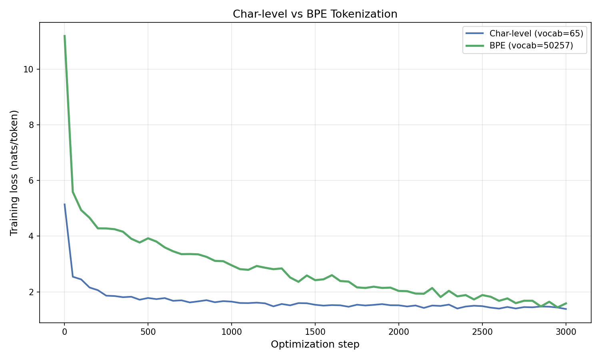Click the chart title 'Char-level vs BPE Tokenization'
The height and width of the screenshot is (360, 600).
pyautogui.click(x=315, y=14)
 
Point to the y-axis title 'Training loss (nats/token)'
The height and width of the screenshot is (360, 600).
pyautogui.click(x=14, y=172)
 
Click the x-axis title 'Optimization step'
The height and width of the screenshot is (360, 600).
pyautogui.click(x=315, y=344)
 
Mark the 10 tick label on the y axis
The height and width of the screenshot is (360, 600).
pyautogui.click(x=29, y=69)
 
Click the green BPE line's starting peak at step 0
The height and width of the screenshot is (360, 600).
pyautogui.click(x=64, y=36)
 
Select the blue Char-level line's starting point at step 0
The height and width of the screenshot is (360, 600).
pyautogui.click(x=64, y=204)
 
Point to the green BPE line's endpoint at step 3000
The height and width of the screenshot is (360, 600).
pyautogui.click(x=566, y=303)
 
